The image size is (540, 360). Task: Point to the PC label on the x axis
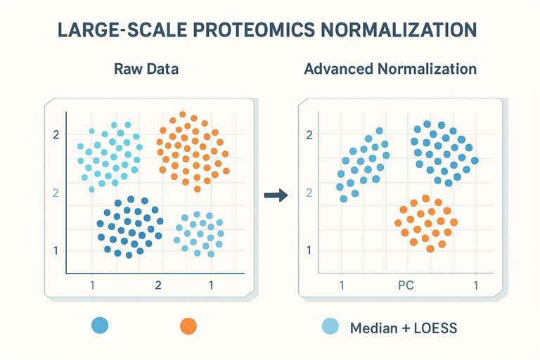tap(406, 285)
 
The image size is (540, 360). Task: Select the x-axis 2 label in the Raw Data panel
tap(157, 285)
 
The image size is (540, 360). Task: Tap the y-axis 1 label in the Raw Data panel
tap(56, 250)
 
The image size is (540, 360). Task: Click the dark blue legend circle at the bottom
tap(101, 326)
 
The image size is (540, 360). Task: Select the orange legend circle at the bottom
tap(188, 326)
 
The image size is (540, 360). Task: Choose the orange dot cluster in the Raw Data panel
tap(192, 150)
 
